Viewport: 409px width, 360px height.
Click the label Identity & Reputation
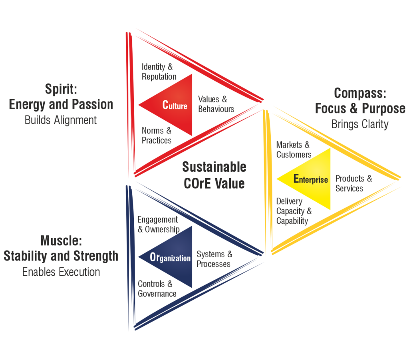click(x=159, y=72)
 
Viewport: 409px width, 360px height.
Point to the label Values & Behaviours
click(x=216, y=104)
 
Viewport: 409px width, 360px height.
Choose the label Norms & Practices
click(x=157, y=135)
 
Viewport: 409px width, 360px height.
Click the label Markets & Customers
click(x=294, y=149)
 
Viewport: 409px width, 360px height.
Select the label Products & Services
click(x=353, y=183)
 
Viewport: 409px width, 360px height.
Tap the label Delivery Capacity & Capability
click(x=294, y=211)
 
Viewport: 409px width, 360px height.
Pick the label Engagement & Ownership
click(x=158, y=224)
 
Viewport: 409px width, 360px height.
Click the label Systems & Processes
click(x=214, y=259)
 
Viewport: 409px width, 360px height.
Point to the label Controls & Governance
click(x=157, y=288)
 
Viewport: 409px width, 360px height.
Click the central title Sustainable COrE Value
click(x=214, y=175)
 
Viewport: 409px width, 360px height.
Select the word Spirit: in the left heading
click(x=61, y=89)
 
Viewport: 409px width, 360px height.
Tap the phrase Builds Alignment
click(x=61, y=120)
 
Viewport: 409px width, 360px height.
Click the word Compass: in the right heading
click(x=360, y=93)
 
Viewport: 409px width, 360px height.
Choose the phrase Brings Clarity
click(x=360, y=124)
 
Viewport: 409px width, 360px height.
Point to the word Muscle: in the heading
click(x=61, y=241)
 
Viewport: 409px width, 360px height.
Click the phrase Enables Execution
click(x=61, y=272)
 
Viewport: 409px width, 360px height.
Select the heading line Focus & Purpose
click(x=360, y=108)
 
